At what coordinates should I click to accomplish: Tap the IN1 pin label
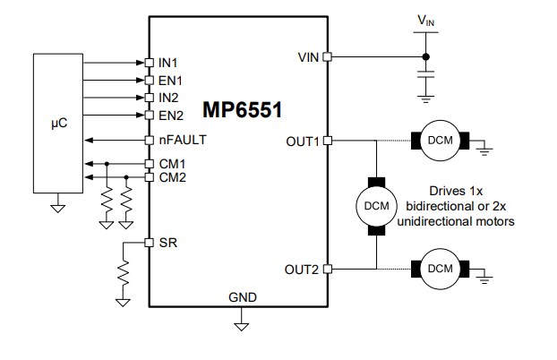(168, 63)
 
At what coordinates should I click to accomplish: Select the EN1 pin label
(170, 80)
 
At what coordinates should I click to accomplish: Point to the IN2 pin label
(168, 97)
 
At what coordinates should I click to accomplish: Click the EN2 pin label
(170, 115)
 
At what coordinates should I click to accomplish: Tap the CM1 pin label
(172, 164)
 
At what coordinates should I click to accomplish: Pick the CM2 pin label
(172, 177)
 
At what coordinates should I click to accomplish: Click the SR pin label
(166, 243)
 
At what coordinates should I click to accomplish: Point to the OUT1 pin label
(302, 141)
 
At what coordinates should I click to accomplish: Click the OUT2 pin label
(302, 269)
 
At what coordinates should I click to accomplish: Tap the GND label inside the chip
(242, 297)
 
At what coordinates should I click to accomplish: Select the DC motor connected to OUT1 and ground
(440, 141)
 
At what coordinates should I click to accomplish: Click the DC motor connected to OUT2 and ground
(440, 269)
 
